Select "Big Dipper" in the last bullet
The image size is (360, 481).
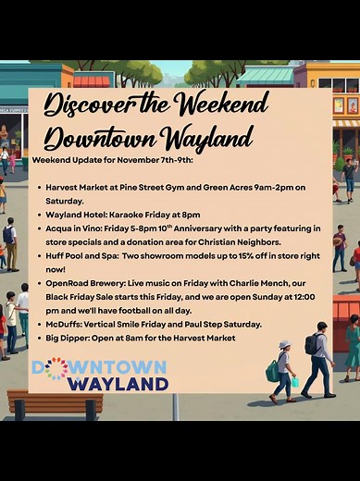click(74, 339)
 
